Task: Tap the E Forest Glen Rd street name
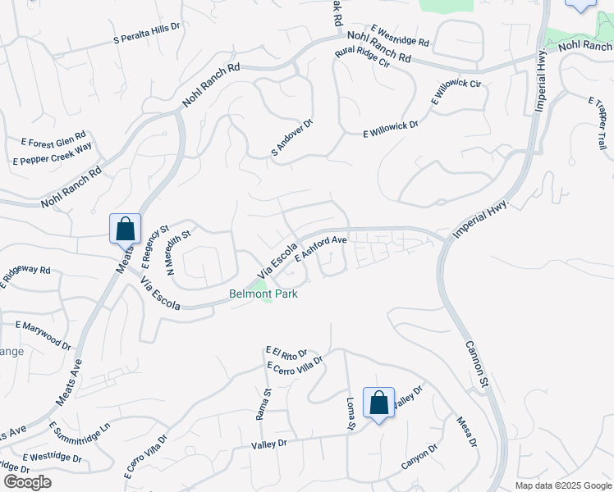click(49, 138)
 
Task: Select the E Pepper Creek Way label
click(52, 153)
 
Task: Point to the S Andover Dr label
click(292, 137)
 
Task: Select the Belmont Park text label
click(263, 294)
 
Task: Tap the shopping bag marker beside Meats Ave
click(125, 229)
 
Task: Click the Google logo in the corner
click(27, 482)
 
